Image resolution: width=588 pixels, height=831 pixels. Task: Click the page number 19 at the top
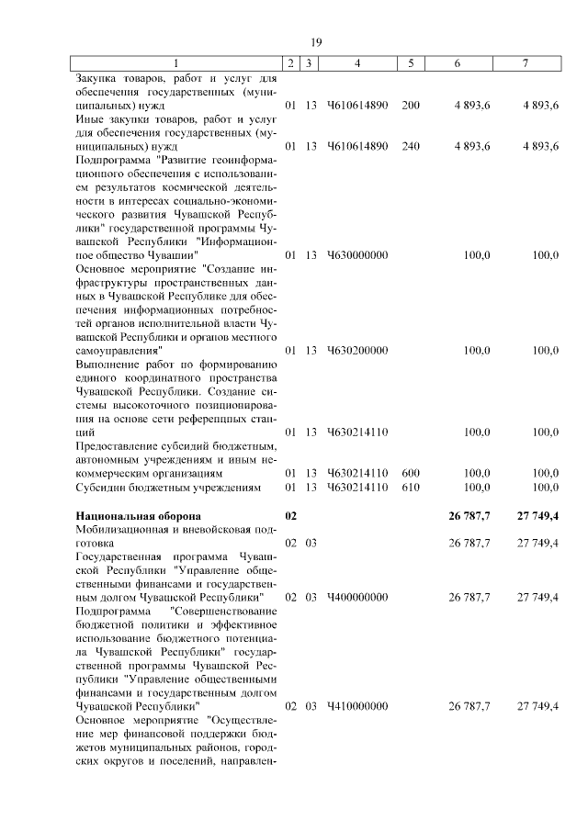pyautogui.click(x=314, y=42)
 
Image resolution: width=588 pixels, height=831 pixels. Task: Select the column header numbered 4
pyautogui.click(x=357, y=63)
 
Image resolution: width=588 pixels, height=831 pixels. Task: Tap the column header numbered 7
pyautogui.click(x=526, y=63)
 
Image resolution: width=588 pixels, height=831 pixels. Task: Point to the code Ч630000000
pyautogui.click(x=357, y=254)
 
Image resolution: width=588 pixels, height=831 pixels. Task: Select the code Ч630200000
pyautogui.click(x=357, y=350)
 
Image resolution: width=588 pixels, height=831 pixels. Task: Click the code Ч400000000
pyautogui.click(x=357, y=597)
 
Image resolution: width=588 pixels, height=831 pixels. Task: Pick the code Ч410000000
pyautogui.click(x=357, y=706)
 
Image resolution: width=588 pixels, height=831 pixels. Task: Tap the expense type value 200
pyautogui.click(x=411, y=105)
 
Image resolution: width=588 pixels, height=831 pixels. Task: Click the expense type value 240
pyautogui.click(x=411, y=145)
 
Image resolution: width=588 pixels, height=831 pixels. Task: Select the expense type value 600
pyautogui.click(x=411, y=473)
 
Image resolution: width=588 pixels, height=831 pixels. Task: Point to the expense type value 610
pyautogui.click(x=411, y=487)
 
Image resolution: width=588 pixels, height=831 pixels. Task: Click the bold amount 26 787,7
pyautogui.click(x=469, y=516)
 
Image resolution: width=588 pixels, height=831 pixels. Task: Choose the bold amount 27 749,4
pyautogui.click(x=538, y=516)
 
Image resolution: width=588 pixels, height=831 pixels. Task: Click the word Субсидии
pyautogui.click(x=102, y=487)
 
